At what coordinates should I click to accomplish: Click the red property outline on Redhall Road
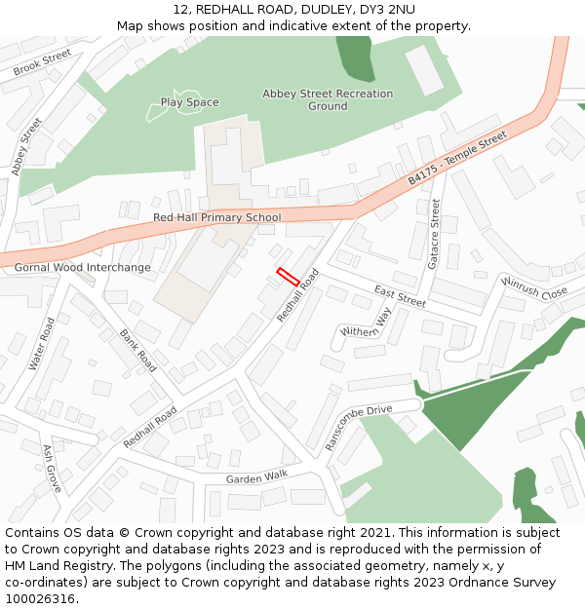tap(288, 276)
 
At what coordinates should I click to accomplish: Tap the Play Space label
tap(190, 102)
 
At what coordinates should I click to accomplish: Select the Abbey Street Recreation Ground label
tap(328, 100)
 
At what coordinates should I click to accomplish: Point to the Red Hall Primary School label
tap(216, 217)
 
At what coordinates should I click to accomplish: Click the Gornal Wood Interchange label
tap(83, 267)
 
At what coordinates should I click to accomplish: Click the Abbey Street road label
tap(27, 146)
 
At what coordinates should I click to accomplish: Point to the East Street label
tap(400, 295)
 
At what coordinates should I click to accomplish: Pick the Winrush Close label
tap(534, 287)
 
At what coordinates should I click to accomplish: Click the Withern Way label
tap(366, 324)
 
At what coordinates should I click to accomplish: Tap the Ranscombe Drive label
tap(358, 427)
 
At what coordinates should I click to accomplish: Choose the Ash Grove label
tap(52, 468)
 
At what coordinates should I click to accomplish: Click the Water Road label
tap(42, 343)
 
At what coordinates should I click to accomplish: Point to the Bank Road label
tap(137, 351)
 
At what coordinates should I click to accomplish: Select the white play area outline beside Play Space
tap(156, 110)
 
